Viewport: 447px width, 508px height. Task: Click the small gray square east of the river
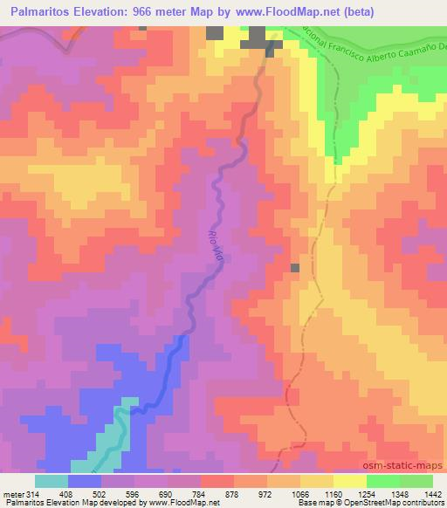click(295, 268)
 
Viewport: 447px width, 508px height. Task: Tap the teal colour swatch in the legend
click(52, 481)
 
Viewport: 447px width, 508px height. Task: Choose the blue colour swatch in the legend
click(85, 481)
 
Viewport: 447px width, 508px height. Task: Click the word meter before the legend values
click(10, 493)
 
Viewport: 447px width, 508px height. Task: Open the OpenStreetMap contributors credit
click(403, 504)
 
